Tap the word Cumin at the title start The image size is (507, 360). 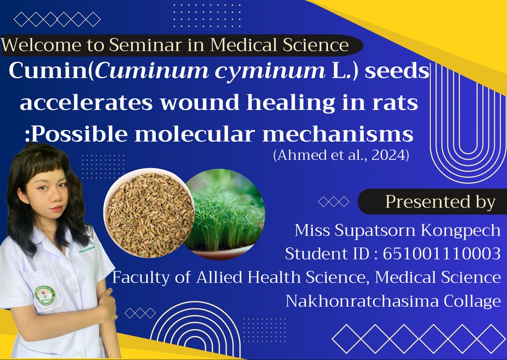(x=49, y=71)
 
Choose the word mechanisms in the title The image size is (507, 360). (x=337, y=134)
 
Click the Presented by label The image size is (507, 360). (x=440, y=202)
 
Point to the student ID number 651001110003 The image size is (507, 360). (x=442, y=254)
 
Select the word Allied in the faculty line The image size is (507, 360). (x=219, y=277)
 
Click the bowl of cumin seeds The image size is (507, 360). (x=149, y=214)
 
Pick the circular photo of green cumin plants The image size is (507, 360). (x=224, y=214)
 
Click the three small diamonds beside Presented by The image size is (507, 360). (x=334, y=202)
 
